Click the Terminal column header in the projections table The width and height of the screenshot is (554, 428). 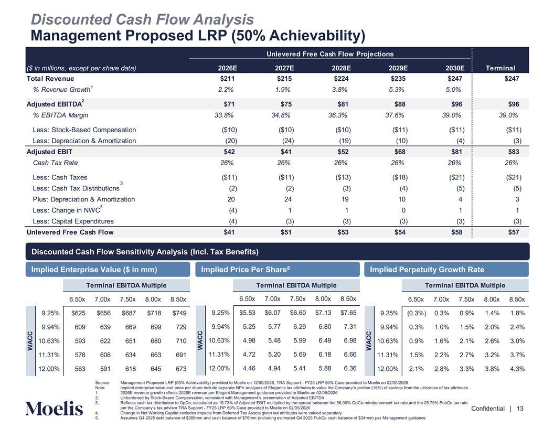pyautogui.click(x=500, y=68)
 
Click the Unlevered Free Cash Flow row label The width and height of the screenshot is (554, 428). pyautogui.click(x=70, y=232)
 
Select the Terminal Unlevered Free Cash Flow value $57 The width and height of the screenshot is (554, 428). pyautogui.click(x=515, y=232)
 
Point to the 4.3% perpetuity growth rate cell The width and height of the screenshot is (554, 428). pyautogui.click(x=517, y=368)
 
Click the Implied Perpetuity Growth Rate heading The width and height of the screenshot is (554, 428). pyautogui.click(x=427, y=270)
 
